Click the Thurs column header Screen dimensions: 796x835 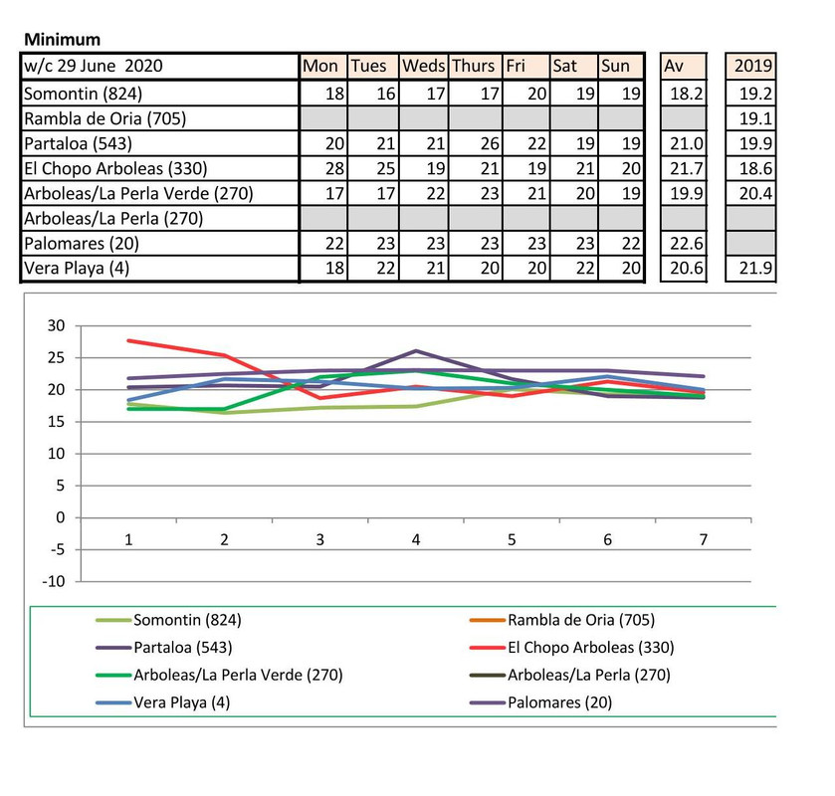coord(473,67)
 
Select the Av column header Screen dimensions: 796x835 coord(682,67)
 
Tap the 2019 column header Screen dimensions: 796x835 coord(750,67)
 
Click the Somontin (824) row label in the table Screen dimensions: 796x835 coord(85,95)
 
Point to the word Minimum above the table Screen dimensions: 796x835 coord(62,40)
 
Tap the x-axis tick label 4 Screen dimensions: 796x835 coord(416,539)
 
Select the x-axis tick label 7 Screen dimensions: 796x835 coord(703,539)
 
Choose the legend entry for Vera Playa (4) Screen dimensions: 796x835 coord(187,701)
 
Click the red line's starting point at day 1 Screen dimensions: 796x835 coord(128,340)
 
